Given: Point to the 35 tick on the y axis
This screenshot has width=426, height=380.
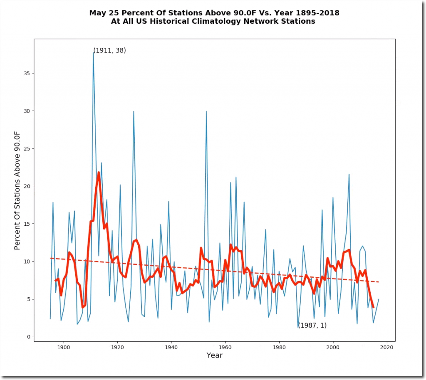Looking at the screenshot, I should coord(34,73).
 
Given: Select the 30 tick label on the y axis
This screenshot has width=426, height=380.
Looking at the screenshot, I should coord(27,111).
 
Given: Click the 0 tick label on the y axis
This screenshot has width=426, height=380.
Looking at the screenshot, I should coord(29,337).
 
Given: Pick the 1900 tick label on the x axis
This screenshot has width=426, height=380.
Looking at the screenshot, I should coord(63,348).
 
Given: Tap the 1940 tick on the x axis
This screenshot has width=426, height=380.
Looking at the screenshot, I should coord(171,341).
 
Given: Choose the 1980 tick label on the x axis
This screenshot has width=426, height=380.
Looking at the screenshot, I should coord(279,348).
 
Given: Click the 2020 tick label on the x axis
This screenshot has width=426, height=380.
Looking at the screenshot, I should coord(387,348).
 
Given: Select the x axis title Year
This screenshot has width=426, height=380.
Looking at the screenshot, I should coord(214,355).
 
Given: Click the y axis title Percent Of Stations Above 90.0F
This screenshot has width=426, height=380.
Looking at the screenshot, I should coord(17,190).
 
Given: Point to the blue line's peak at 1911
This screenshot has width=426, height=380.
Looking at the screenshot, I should coord(93,53).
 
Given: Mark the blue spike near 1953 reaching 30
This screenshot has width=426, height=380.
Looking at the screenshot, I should coord(206,111).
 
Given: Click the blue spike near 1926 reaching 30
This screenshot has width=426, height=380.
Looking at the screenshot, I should coord(134,111).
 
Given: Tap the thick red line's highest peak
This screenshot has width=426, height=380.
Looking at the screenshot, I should coord(99,173).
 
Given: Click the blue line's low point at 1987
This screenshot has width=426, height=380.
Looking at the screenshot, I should coord(298,328).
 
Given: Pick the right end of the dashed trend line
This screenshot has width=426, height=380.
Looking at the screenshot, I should coord(379,282).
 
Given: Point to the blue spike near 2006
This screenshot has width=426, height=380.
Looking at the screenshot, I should coord(349,175).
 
